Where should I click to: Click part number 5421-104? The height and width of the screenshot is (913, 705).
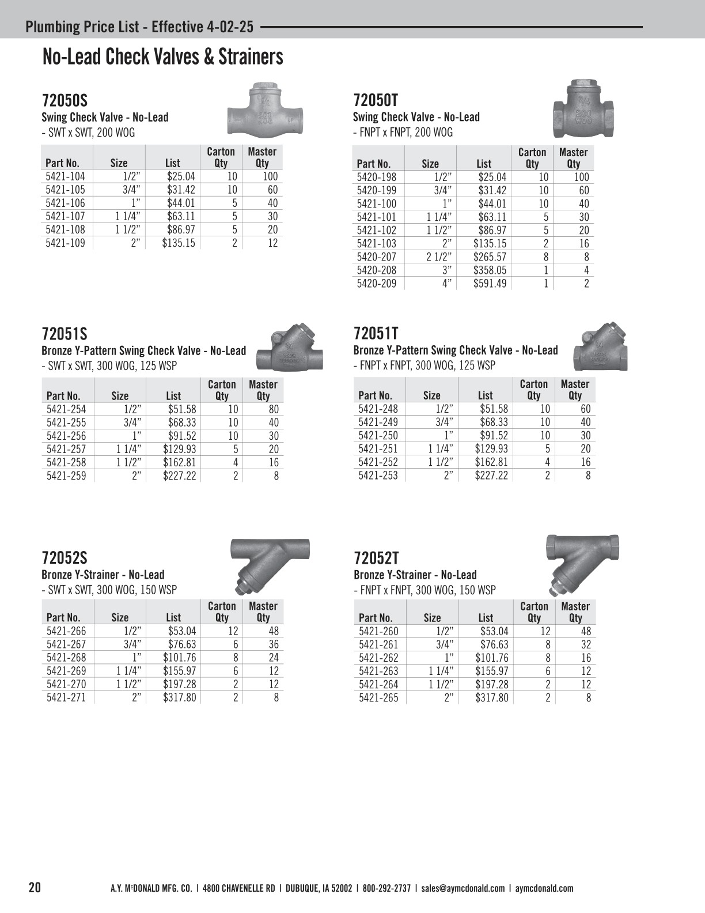coord(65,176)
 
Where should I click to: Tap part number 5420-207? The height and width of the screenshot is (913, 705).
coord(377,256)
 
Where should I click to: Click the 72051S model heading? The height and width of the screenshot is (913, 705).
coord(65,334)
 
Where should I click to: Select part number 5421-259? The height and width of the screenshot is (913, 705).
coord(66,476)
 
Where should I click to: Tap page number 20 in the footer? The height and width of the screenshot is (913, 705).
coord(35,887)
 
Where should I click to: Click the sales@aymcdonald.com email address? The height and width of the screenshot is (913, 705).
coord(463,888)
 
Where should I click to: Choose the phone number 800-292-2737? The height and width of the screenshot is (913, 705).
coord(386,888)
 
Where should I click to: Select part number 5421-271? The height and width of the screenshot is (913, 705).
coord(66,697)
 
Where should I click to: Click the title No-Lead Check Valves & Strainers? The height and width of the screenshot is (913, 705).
coord(163,56)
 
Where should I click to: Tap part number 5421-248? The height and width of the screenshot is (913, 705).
coord(378,409)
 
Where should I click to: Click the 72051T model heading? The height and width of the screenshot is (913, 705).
coord(376,333)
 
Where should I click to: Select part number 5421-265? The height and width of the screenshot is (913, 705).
coord(378,697)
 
